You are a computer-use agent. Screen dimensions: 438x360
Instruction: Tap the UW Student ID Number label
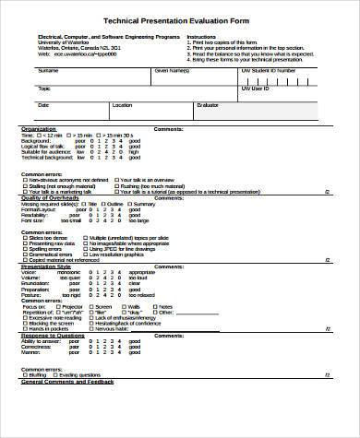[x=268, y=70]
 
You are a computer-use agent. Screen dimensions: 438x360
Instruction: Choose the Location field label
[x=122, y=105]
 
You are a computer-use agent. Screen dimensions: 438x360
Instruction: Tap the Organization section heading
[x=39, y=128]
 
